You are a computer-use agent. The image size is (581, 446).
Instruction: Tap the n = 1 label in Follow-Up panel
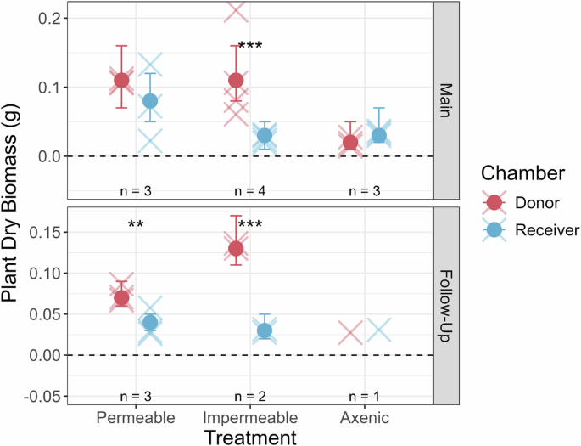click(x=364, y=397)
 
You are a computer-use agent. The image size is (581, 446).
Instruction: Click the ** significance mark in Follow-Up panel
click(x=136, y=225)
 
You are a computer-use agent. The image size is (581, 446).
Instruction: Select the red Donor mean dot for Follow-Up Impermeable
click(x=236, y=248)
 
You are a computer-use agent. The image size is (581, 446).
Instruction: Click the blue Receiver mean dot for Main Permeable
click(x=150, y=101)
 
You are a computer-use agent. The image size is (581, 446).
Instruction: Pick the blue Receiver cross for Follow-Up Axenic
click(x=378, y=330)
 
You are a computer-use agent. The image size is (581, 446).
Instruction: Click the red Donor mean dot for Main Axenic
click(x=350, y=142)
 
